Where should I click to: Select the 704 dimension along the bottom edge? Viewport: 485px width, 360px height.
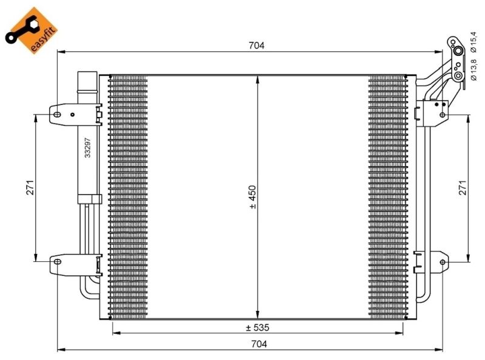coord(258,344)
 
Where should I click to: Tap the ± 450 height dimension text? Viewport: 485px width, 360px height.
coord(253,197)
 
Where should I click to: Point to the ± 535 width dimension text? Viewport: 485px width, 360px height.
coord(258,327)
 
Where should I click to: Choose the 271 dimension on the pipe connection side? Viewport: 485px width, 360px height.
coord(462,188)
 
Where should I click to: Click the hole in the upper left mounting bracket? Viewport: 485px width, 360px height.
coord(57,113)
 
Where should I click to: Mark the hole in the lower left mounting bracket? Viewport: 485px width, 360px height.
coord(57,262)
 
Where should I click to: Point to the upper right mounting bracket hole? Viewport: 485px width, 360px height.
coord(443,113)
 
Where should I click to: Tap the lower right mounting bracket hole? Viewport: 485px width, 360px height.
coord(443,262)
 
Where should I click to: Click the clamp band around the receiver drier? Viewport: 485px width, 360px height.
coord(88,198)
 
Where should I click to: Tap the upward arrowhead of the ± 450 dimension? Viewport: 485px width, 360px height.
coord(258,79)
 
